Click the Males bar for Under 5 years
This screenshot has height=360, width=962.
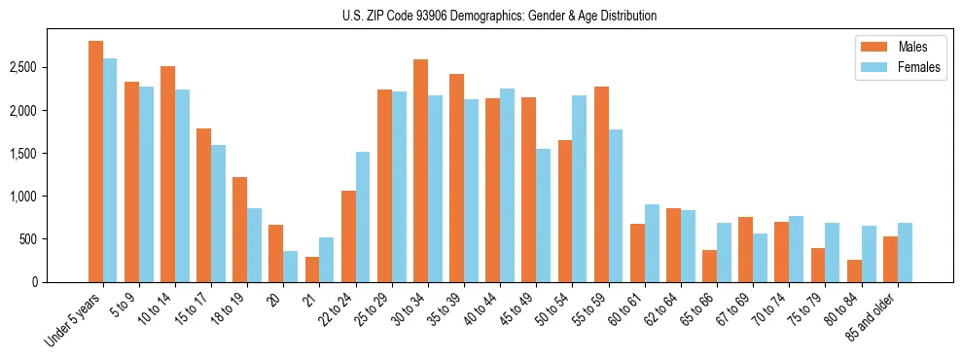point(95,162)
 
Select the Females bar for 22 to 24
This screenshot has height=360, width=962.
point(363,217)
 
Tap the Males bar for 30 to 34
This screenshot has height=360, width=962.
point(420,171)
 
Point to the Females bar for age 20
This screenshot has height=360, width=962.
point(291,267)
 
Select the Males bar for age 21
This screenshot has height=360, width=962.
point(312,270)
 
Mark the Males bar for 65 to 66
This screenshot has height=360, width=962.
point(709,266)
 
